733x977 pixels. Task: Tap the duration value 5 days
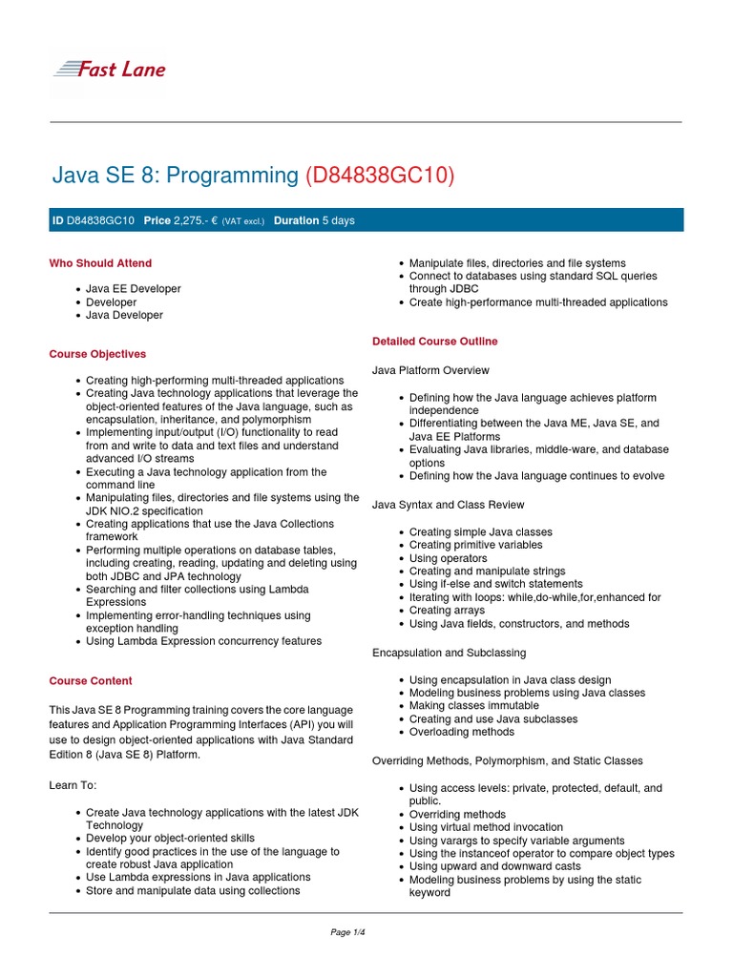pos(338,220)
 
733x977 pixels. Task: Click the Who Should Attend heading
pos(100,263)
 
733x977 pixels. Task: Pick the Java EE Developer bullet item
pos(133,288)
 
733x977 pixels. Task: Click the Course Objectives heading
pos(97,354)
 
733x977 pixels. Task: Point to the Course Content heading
pos(91,681)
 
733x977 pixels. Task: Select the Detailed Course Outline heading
pos(434,342)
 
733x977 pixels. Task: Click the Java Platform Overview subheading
pos(430,369)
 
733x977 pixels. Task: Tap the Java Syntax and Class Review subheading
pos(448,505)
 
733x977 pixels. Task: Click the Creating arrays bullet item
pos(448,611)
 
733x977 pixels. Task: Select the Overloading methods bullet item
pos(461,732)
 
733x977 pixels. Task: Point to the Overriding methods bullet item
pos(457,815)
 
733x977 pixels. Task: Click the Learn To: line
pos(73,785)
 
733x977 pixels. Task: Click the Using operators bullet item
pos(448,558)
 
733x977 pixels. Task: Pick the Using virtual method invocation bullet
pos(486,827)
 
